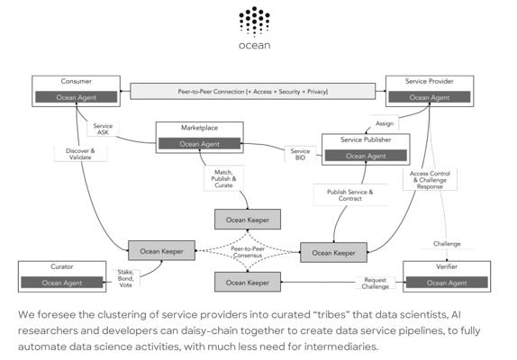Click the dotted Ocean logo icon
(x=254, y=21)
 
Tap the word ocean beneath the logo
(x=255, y=46)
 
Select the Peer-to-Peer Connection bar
(x=252, y=91)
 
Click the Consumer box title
(x=77, y=81)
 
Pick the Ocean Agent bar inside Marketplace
(x=199, y=144)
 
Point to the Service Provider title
(x=430, y=81)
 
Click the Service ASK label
(x=103, y=129)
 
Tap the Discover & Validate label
(x=80, y=154)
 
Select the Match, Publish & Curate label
(x=223, y=178)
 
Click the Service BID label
(x=300, y=154)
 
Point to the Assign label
(x=385, y=123)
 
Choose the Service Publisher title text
(x=366, y=139)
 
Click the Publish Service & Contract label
(x=349, y=195)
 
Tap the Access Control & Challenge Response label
(x=430, y=180)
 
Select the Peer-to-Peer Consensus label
(x=248, y=252)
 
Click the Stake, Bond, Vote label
(x=125, y=278)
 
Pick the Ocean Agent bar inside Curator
(x=62, y=283)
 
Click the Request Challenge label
(x=376, y=283)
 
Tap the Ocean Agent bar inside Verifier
(x=447, y=283)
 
